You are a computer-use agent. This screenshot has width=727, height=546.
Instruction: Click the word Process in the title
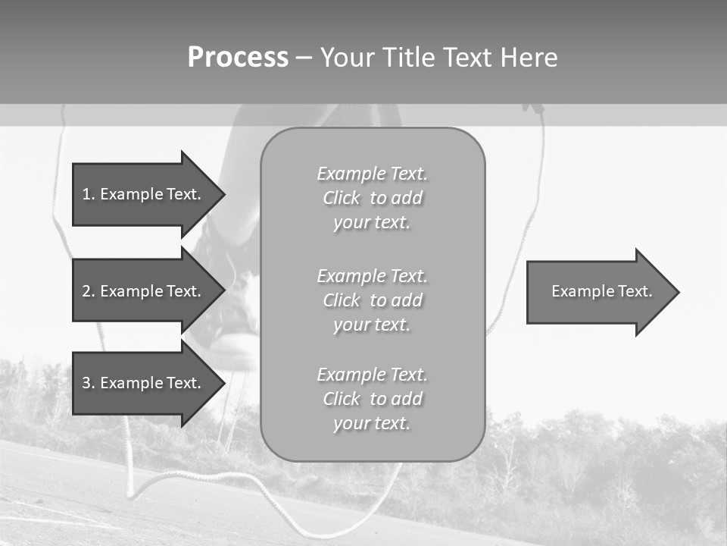coord(238,58)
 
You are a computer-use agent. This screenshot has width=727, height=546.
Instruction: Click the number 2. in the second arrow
coord(88,291)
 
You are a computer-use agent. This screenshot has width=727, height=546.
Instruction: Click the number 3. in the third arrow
coord(88,383)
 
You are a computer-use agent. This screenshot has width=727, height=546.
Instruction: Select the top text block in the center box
coord(372,198)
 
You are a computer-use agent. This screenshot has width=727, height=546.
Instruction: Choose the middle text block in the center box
coord(372,300)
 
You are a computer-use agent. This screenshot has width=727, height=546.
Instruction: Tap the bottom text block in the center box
coord(372,399)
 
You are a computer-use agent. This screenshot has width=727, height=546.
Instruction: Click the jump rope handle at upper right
coord(535,108)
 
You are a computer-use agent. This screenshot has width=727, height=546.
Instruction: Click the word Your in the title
coord(348,58)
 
